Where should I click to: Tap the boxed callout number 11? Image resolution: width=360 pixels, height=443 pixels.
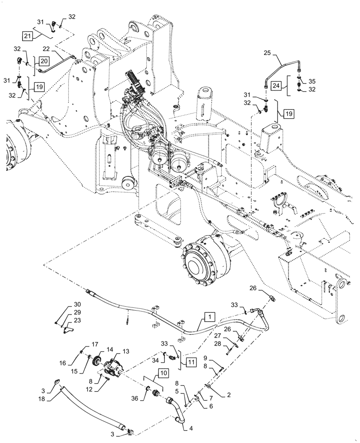(x=191, y=362)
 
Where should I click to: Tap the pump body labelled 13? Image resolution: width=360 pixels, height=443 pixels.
(x=114, y=368)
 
